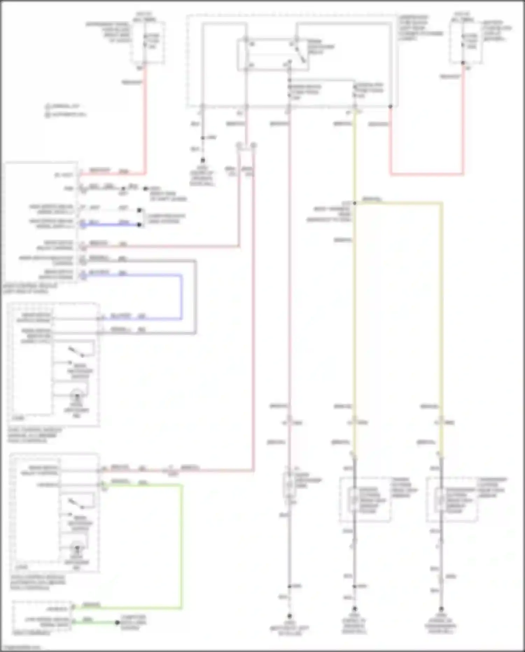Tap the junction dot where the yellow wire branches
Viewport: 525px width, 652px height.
(355, 203)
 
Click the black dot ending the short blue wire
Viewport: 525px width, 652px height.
(139, 225)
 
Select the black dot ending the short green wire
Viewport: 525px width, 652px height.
(118, 623)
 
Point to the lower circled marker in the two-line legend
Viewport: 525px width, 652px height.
(48, 115)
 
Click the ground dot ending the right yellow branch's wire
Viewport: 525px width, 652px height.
(441, 609)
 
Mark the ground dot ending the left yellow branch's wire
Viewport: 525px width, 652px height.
(355, 609)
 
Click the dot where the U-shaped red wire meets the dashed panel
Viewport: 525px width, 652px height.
(390, 106)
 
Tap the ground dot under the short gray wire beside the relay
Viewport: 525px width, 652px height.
(202, 160)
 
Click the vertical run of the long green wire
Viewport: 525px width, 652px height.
(181, 547)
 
